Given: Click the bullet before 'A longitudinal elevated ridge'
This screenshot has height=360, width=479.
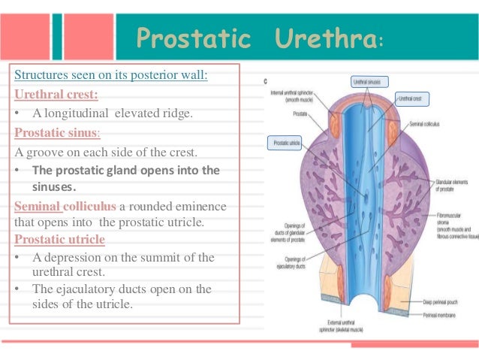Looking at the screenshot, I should point(18,113).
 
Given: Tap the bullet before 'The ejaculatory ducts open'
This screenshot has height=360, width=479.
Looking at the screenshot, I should point(18,289).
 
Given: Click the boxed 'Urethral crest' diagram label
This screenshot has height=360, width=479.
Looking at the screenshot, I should point(411,98).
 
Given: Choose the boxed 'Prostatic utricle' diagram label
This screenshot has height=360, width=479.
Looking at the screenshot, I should point(285,141).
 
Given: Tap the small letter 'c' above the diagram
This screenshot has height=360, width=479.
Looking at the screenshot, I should point(266,77).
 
